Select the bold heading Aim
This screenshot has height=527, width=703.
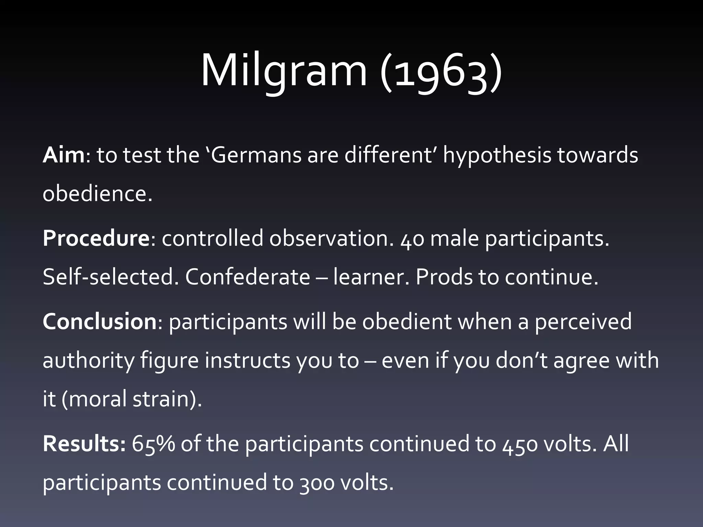pos(63,155)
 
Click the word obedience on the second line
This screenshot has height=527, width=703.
pos(97,194)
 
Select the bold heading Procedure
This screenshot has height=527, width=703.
pos(96,238)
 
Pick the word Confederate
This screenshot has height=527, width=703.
pos(247,277)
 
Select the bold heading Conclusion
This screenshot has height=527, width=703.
pos(100,322)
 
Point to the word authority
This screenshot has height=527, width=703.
pos(88,361)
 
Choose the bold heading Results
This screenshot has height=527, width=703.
pos(84,444)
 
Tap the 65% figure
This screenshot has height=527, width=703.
pos(153,444)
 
